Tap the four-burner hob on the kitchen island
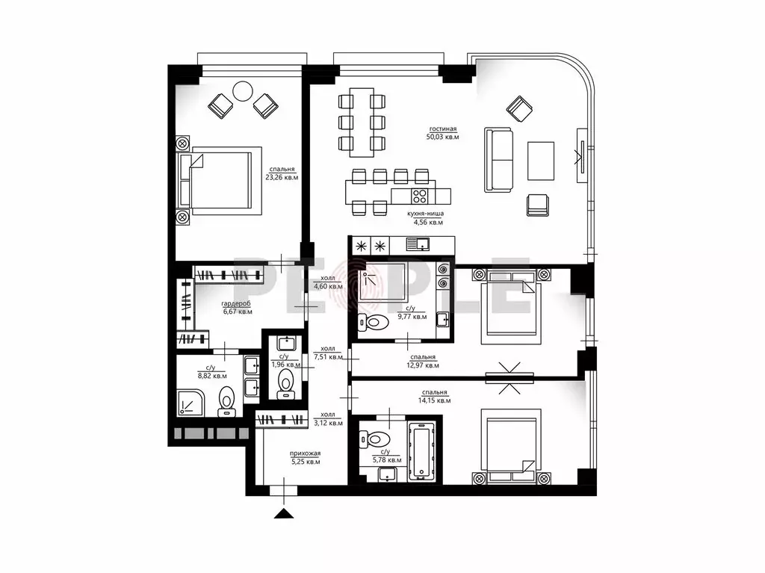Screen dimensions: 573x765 pyautogui.click(x=420, y=197)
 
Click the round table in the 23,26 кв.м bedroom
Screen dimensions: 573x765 pyautogui.click(x=244, y=92)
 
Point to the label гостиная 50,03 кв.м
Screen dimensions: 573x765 pyautogui.click(x=443, y=133)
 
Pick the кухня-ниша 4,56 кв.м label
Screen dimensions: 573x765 pyautogui.click(x=426, y=217)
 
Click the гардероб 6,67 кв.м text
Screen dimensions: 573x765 pyautogui.click(x=237, y=308)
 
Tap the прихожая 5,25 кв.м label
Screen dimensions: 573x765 pyautogui.click(x=305, y=457)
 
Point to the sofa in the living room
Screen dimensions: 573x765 pyautogui.click(x=499, y=160)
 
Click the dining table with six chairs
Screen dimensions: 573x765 pyautogui.click(x=362, y=122)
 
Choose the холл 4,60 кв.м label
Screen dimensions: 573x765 pyautogui.click(x=328, y=282)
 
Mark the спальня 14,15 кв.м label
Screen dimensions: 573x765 pyautogui.click(x=435, y=396)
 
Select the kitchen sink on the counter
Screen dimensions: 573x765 pyautogui.click(x=419, y=244)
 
